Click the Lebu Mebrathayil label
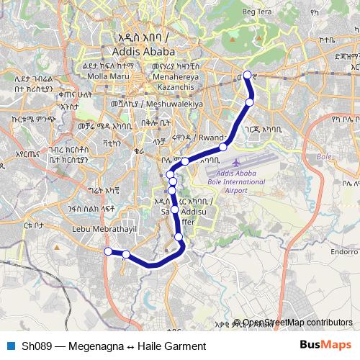(x=104, y=230)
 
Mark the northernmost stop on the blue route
(x=247, y=75)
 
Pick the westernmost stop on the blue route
(x=108, y=251)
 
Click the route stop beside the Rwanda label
(x=223, y=147)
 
